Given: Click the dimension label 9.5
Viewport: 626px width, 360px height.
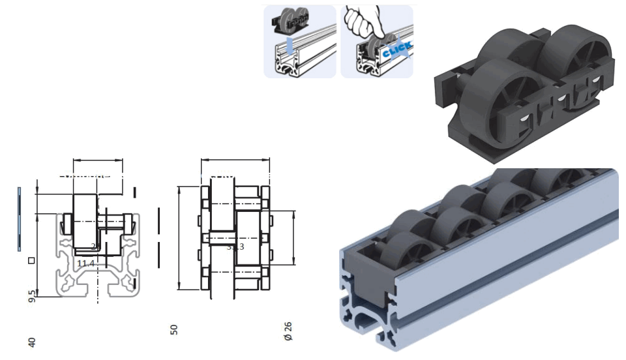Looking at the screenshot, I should coord(31,297).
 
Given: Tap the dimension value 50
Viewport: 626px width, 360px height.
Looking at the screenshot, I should coord(174,329).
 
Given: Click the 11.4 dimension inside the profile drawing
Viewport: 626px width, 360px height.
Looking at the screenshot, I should coord(86,263).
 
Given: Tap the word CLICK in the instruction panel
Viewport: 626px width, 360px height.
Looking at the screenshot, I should coord(396,50).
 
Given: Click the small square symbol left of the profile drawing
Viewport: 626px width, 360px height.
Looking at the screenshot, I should coord(31,261).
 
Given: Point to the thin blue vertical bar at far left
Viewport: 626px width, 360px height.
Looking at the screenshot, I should coord(20,218).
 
